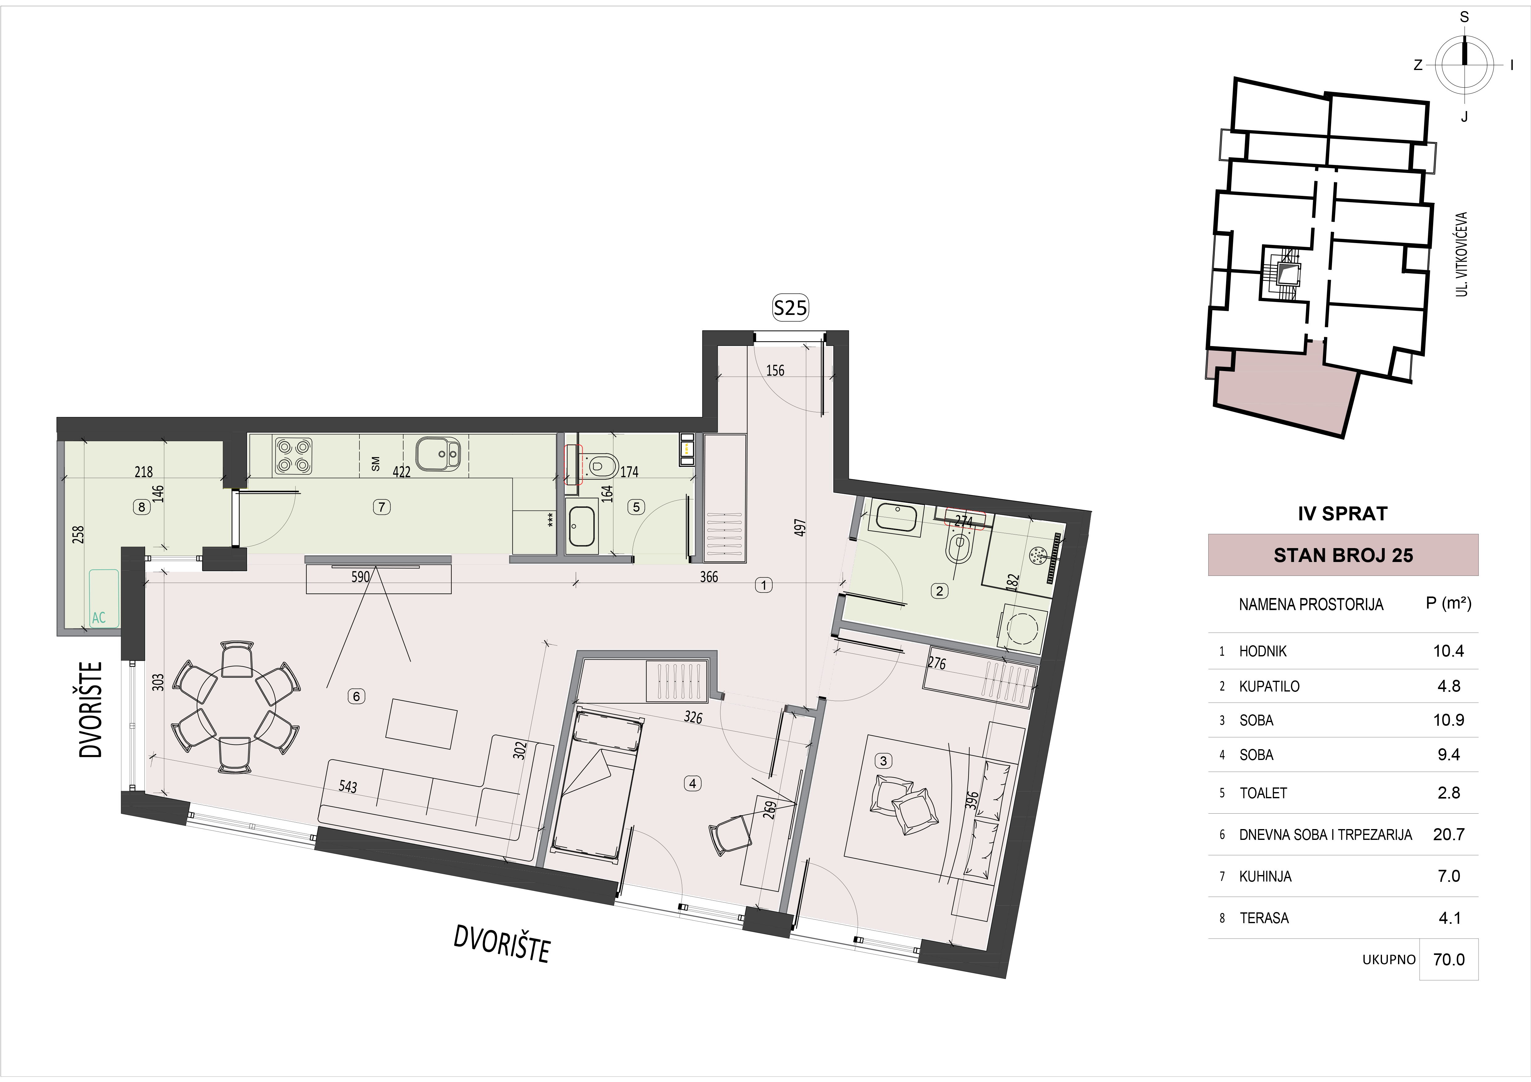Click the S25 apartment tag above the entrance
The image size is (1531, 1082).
[790, 308]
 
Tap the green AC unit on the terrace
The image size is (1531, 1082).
[104, 598]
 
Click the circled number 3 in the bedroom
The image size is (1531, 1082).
[884, 761]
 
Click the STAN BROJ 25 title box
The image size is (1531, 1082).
[1343, 555]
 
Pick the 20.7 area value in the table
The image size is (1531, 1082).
[1448, 834]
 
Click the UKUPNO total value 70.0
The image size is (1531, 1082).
[1448, 959]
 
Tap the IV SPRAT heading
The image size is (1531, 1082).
[1342, 513]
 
